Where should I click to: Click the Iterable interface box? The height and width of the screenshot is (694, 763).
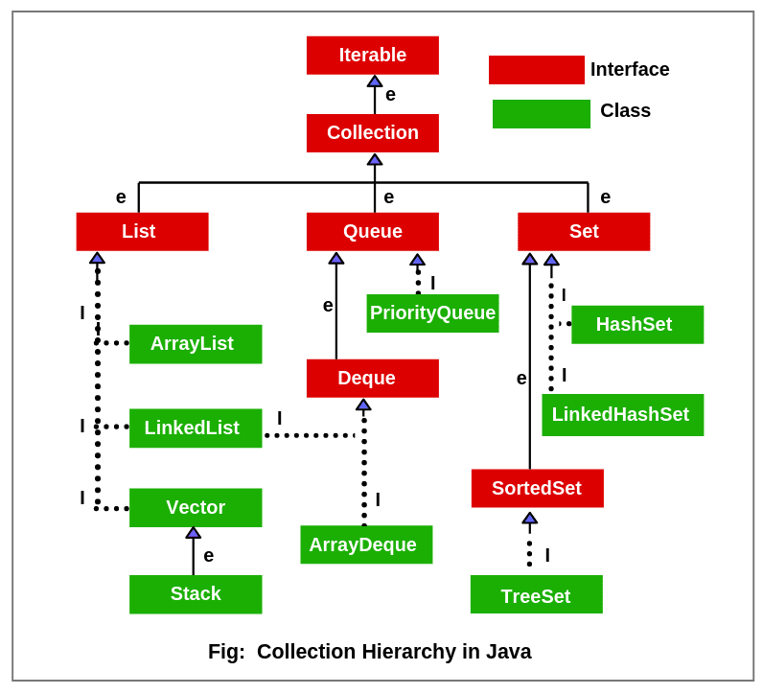373,56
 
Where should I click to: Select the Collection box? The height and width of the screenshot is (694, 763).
373,133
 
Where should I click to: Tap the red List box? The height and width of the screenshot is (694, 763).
142,232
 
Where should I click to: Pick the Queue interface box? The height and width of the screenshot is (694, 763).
373,232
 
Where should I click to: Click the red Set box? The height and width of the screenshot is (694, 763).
584,232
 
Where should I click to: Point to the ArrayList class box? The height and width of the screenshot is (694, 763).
196,344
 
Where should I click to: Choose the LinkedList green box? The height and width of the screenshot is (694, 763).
196,428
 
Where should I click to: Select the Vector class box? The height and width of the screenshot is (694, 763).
196,508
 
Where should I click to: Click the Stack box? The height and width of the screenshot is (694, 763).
196,594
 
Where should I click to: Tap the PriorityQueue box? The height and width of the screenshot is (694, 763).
432,313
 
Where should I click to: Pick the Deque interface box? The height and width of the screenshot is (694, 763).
373,379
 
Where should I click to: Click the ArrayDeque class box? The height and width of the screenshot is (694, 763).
366,544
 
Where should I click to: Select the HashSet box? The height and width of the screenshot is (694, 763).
637,325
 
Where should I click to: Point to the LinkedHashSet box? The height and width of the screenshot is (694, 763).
622,415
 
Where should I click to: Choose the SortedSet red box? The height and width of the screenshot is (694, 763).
537,489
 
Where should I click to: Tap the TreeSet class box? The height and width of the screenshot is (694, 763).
536,595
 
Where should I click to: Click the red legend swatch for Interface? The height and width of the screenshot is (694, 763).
537,70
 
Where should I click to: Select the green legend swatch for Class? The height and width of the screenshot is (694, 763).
542,114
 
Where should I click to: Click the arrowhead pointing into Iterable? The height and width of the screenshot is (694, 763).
375,81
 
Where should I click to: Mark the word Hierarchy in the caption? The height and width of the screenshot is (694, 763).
404,652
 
